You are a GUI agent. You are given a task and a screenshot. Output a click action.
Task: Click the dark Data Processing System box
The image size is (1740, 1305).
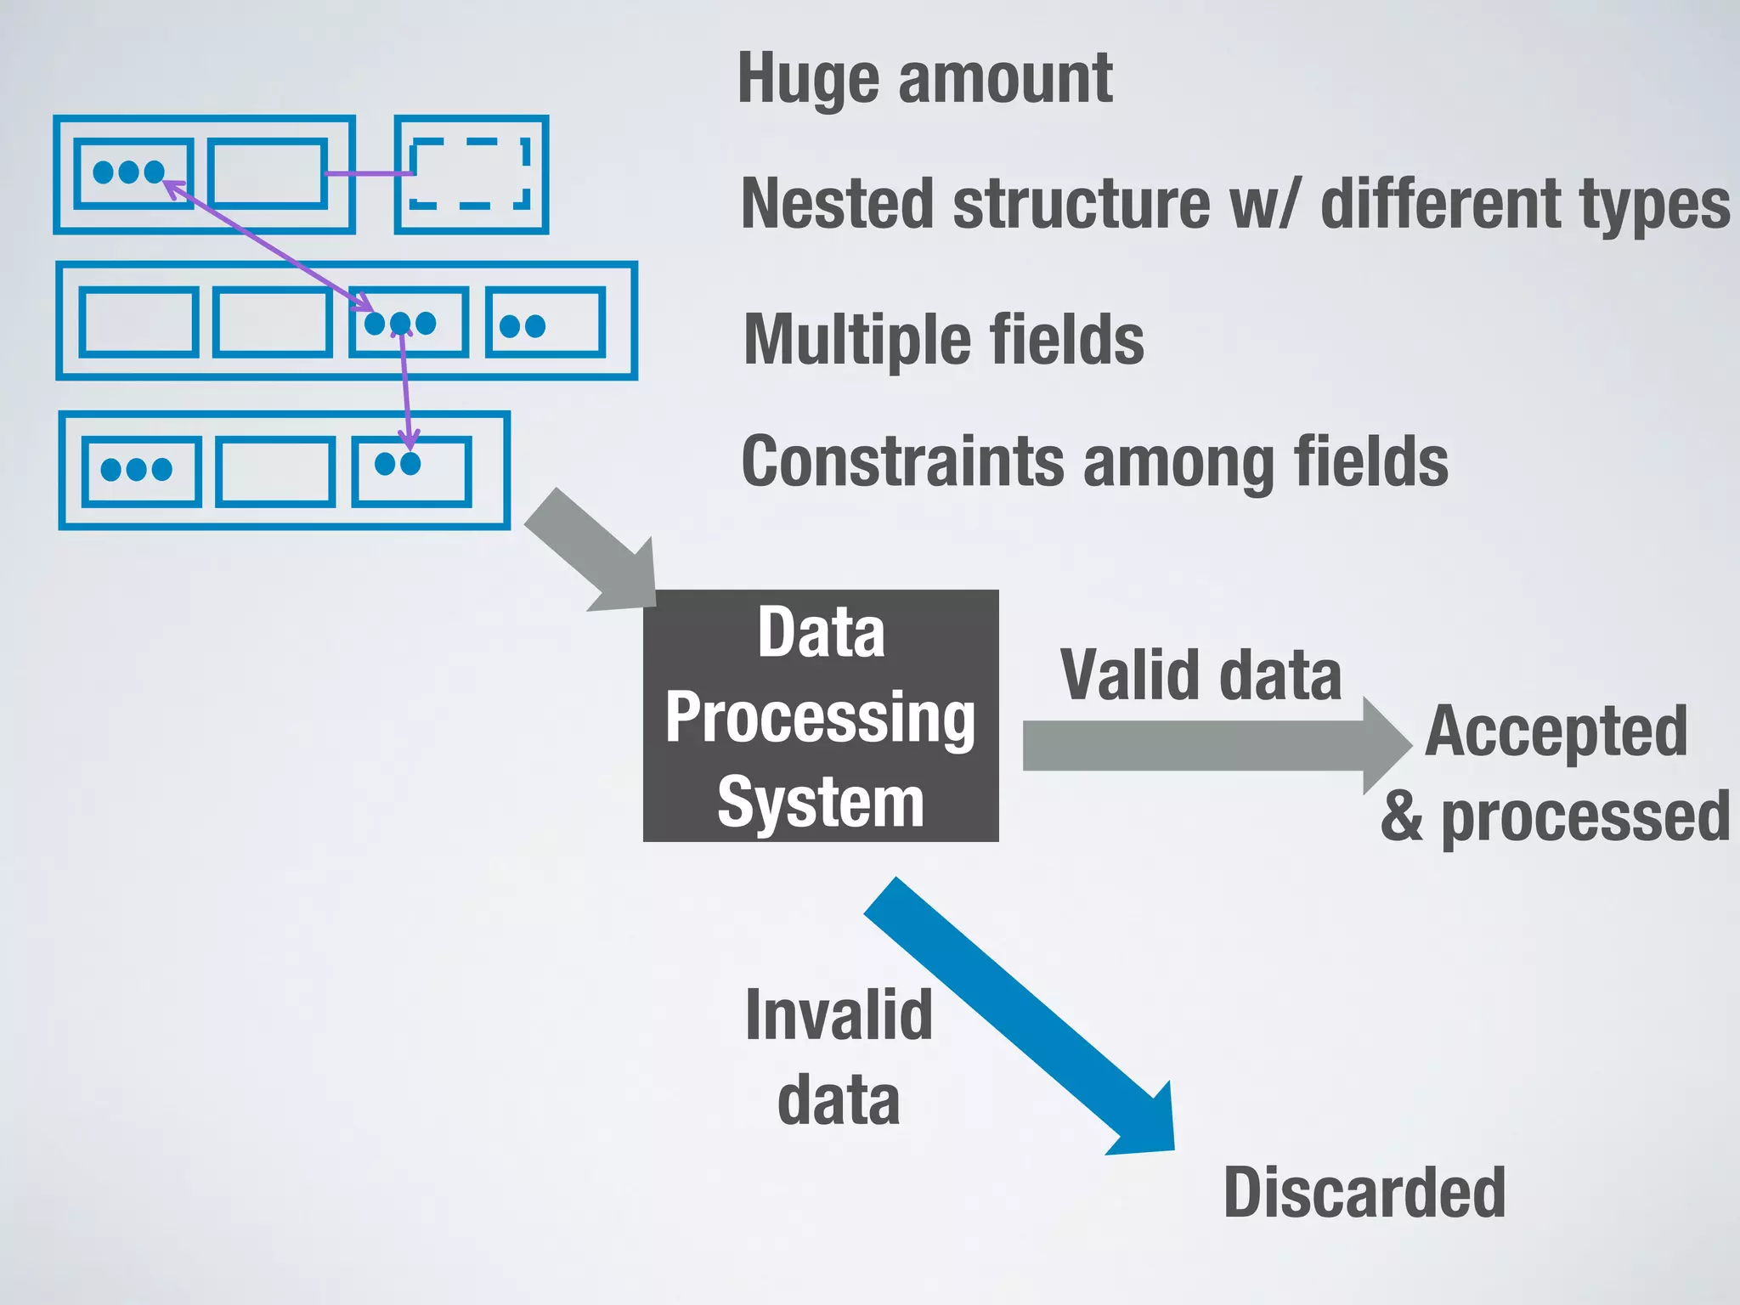(x=821, y=715)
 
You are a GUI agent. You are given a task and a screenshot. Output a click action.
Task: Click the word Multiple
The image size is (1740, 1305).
(x=856, y=340)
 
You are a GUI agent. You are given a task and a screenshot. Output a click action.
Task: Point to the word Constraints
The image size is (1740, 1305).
(x=902, y=461)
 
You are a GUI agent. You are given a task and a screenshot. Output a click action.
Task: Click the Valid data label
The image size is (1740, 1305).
(x=1200, y=675)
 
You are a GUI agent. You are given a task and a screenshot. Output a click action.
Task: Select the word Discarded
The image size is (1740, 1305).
(x=1364, y=1192)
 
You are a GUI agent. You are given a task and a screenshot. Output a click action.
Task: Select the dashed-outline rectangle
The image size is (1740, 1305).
(x=470, y=174)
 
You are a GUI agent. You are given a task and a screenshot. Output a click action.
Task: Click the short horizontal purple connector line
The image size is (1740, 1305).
(x=368, y=174)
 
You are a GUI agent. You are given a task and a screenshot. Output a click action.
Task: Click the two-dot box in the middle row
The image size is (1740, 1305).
(x=545, y=323)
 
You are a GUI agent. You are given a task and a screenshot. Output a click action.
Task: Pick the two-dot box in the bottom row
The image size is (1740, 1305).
(x=412, y=472)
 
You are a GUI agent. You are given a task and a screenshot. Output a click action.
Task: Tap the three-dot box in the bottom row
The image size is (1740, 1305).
(x=141, y=472)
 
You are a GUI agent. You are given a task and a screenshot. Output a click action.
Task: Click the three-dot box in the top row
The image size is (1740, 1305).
(x=133, y=173)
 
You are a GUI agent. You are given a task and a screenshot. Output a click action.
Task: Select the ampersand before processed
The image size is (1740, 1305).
(x=1402, y=816)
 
